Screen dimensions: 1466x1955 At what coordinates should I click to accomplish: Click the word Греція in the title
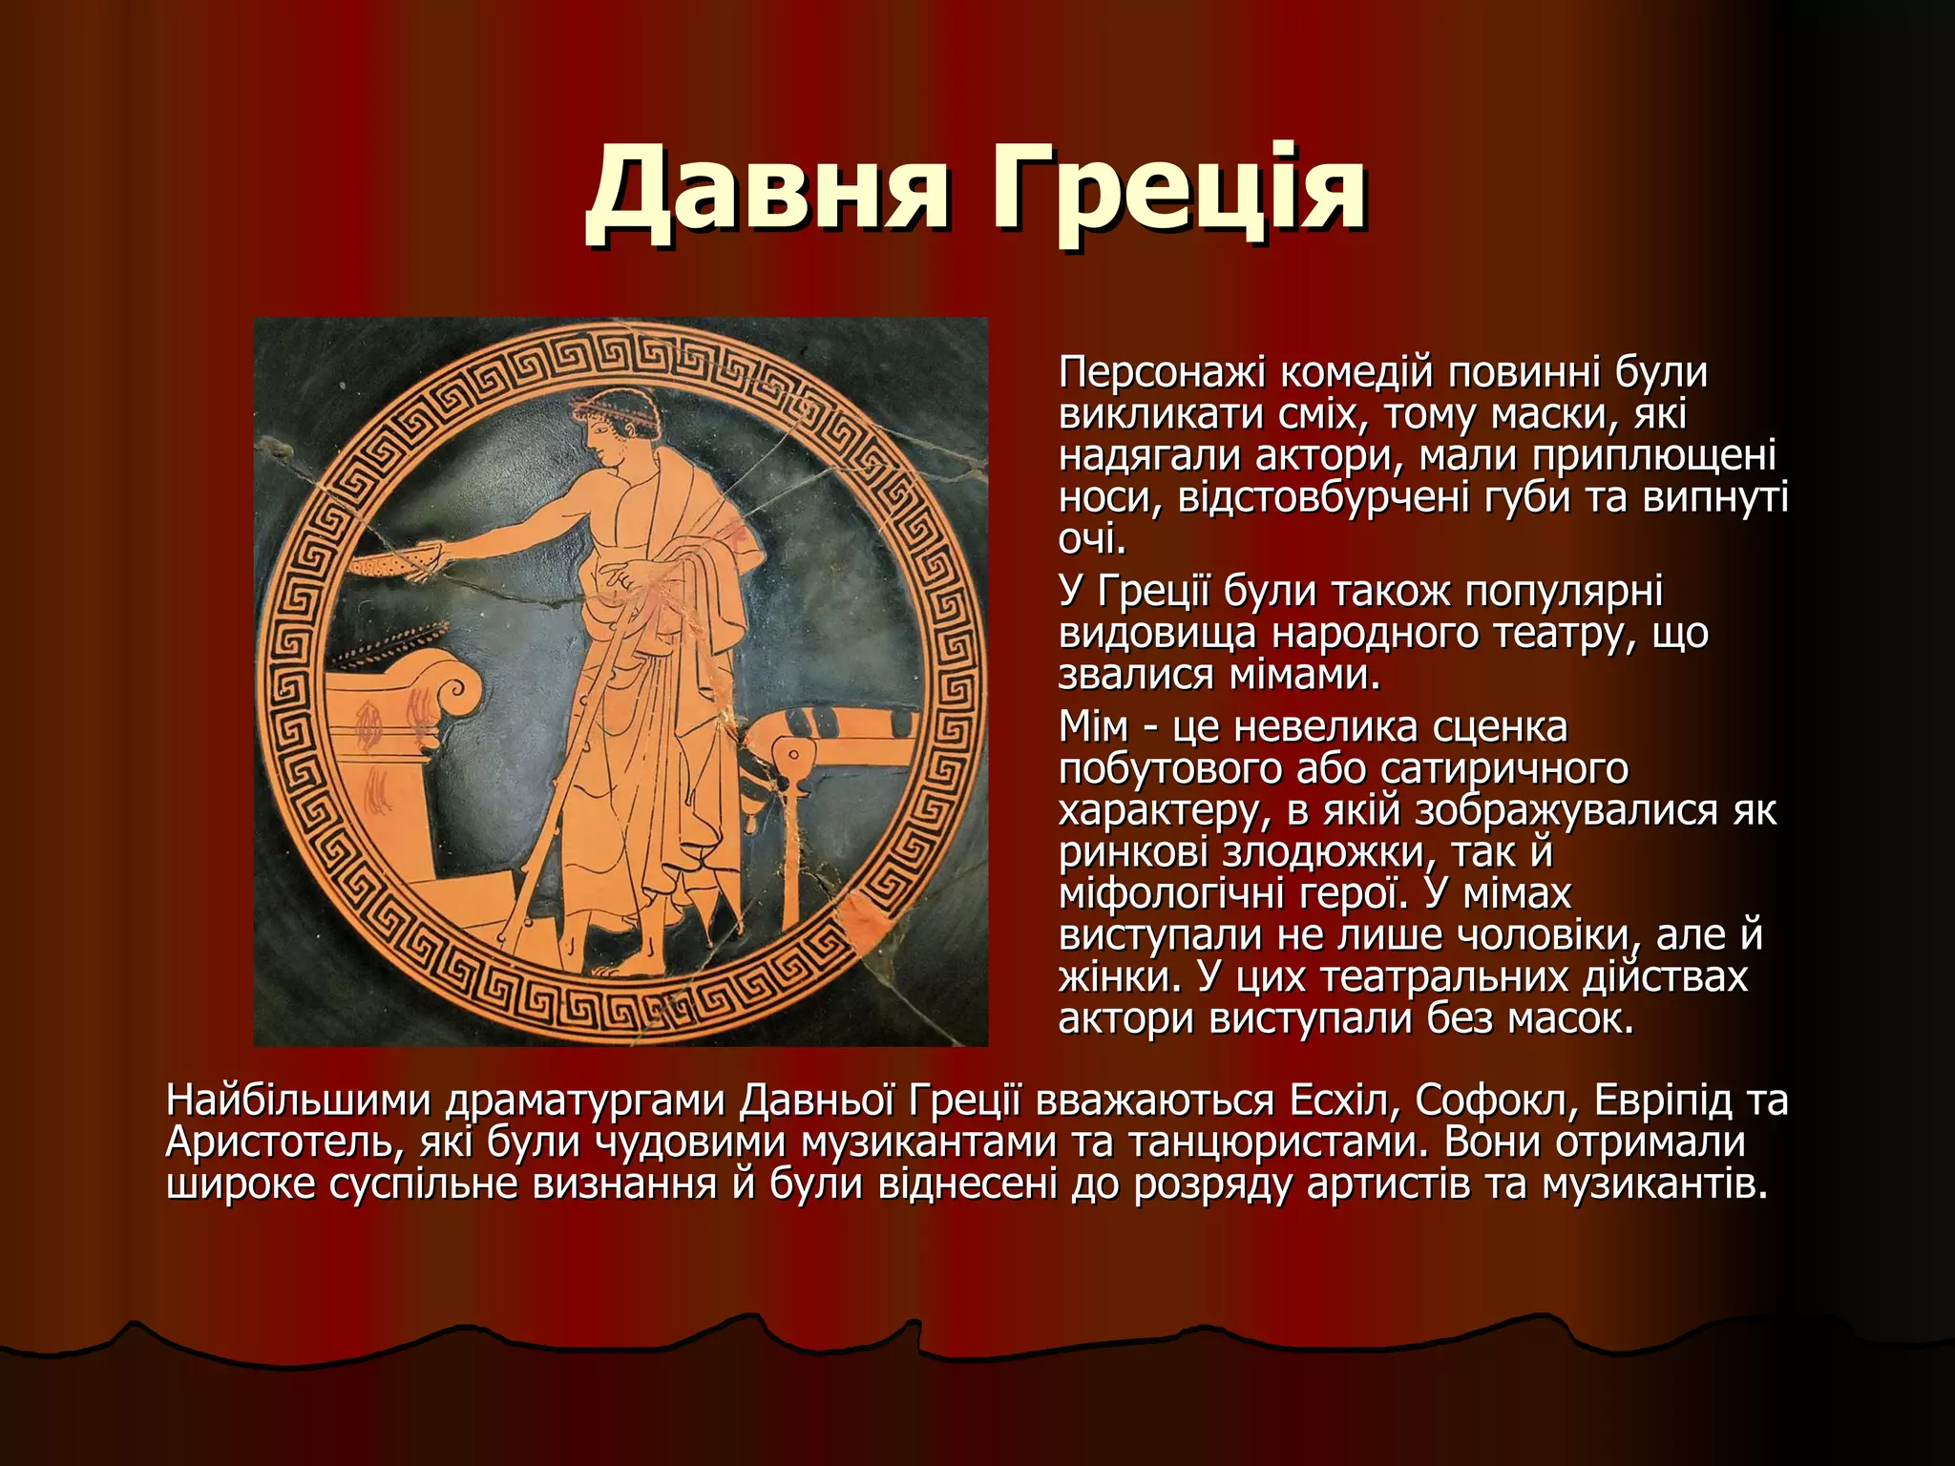pos(1179,191)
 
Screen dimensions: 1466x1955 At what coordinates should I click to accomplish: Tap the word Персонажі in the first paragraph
pos(1162,373)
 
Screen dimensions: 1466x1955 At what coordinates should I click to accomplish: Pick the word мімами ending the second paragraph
pos(1304,675)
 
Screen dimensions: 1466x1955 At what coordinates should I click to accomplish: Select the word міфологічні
pos(1171,893)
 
